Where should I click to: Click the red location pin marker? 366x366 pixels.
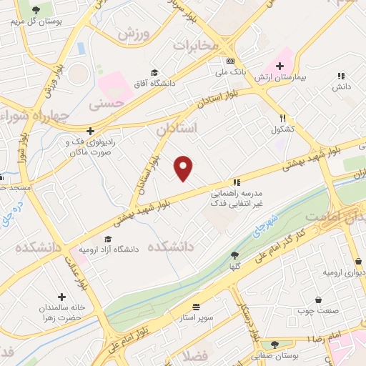[x=184, y=167]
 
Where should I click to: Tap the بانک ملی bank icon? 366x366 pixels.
[x=230, y=61]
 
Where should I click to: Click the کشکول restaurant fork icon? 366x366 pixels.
[x=283, y=119]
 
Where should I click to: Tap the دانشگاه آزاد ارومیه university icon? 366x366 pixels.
[x=107, y=239]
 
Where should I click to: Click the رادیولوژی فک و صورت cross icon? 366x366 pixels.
[x=90, y=131]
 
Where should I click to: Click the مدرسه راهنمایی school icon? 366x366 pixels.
[x=236, y=182]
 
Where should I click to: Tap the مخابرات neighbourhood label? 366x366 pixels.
[x=194, y=45]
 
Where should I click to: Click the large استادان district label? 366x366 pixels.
[x=175, y=129]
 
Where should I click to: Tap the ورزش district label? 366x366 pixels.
[x=136, y=34]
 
